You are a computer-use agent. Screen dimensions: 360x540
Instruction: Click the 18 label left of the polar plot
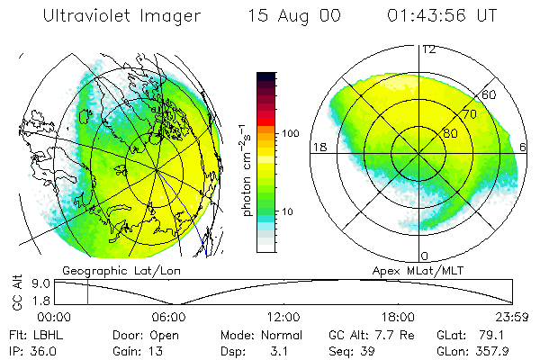pyautogui.click(x=318, y=147)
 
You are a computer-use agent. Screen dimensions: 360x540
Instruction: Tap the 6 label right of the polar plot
pyautogui.click(x=524, y=147)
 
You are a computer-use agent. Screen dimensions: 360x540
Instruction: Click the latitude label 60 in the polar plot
pyautogui.click(x=489, y=94)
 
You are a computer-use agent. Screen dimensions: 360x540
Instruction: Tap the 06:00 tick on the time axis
pyautogui.click(x=168, y=317)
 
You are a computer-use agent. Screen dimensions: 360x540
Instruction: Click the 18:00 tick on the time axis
pyautogui.click(x=398, y=317)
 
